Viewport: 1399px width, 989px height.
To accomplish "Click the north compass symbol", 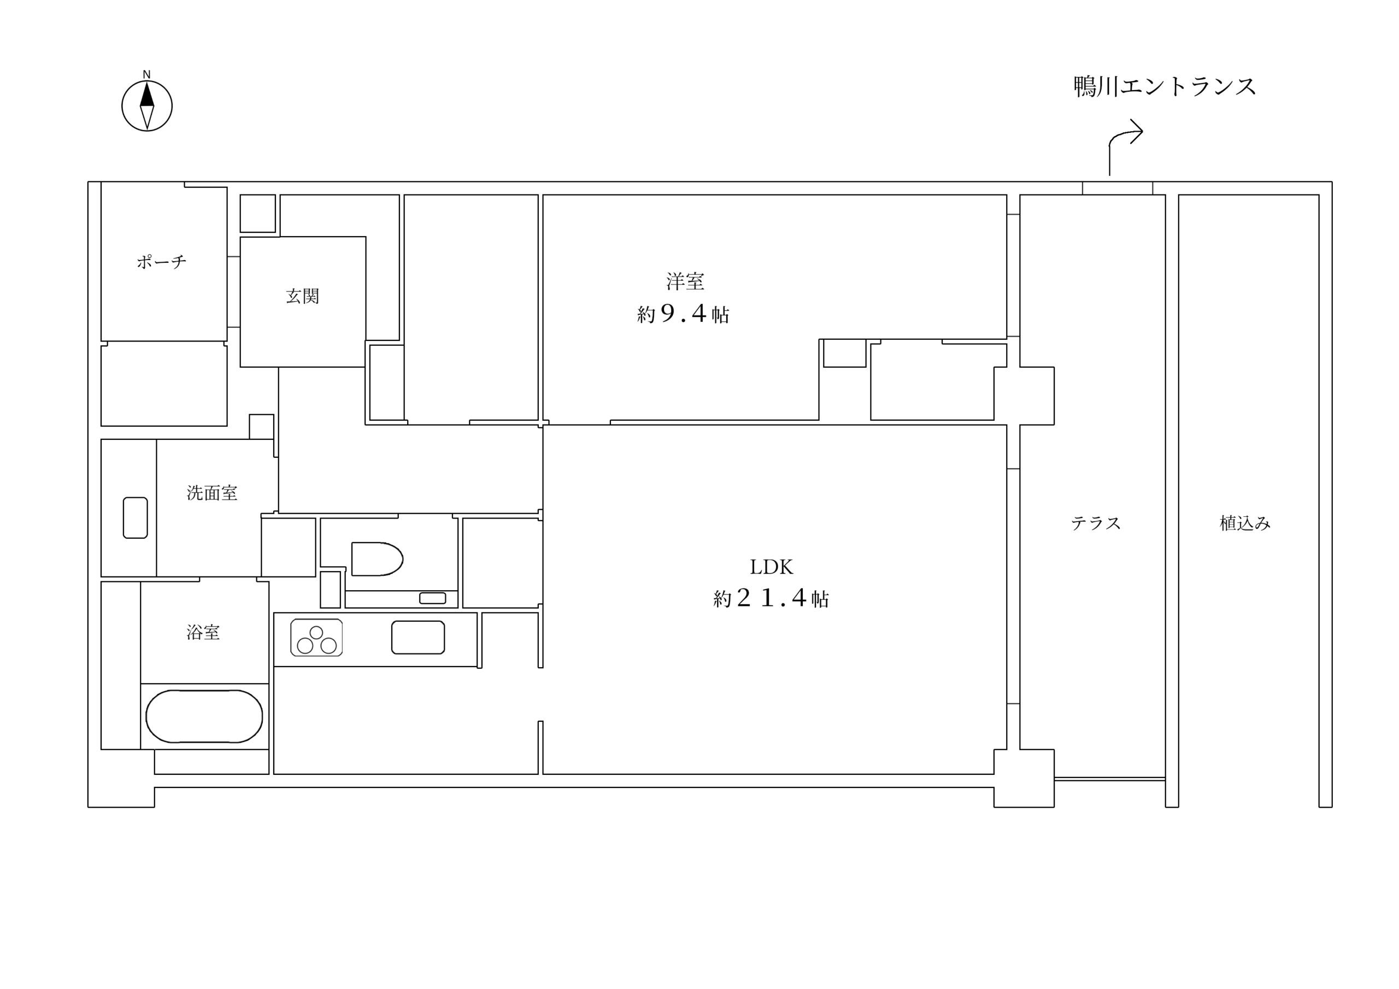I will coord(147,106).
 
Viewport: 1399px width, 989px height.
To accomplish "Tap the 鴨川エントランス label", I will coord(1165,86).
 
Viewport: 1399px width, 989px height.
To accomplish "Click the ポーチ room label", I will coord(161,262).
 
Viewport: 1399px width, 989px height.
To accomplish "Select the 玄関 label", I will coord(302,296).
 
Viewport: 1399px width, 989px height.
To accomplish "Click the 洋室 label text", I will coord(685,281).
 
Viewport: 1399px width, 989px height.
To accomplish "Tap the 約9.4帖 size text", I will coord(683,314).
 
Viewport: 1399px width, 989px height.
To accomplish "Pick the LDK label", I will coord(771,567).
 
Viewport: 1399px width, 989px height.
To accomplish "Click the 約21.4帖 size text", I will coord(771,598).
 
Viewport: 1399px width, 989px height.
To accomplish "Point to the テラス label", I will coord(1096,523).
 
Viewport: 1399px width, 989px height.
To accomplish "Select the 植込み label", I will coord(1245,523).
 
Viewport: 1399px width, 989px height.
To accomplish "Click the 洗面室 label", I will coord(212,492).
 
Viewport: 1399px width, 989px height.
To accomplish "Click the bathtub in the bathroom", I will coord(204,716).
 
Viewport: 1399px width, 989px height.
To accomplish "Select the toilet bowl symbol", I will coord(377,559).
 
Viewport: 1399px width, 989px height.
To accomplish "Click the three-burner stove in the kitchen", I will coord(316,638).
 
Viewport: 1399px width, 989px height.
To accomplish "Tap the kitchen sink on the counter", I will coord(418,638).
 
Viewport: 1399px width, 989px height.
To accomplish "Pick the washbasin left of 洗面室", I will coord(136,517).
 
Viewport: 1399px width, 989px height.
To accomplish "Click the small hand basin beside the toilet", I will coord(433,598).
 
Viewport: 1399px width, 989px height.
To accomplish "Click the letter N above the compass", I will coord(146,74).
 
